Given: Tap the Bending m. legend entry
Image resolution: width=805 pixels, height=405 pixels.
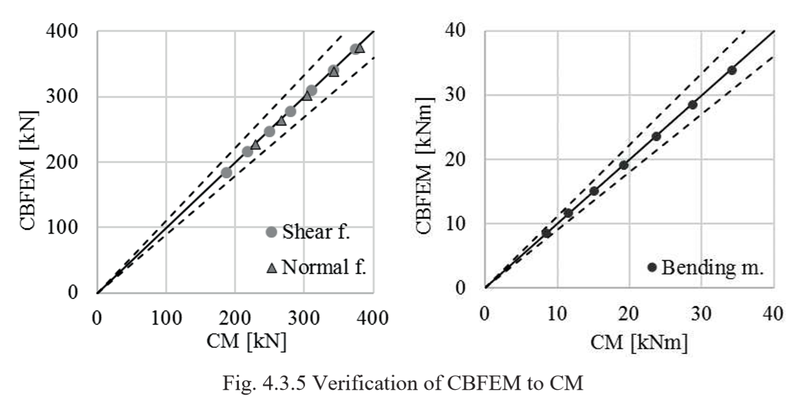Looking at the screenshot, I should coord(706,267).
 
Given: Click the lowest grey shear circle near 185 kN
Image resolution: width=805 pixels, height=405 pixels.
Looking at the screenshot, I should coord(226,172).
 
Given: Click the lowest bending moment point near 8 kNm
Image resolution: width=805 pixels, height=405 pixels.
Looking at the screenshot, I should coord(546,233).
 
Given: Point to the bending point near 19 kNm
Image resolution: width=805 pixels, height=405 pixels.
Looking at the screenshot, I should coord(624,165).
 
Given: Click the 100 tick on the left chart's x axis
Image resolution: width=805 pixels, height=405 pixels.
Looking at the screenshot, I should coord(166,318).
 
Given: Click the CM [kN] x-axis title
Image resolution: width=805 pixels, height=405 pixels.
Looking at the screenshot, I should coord(235,341).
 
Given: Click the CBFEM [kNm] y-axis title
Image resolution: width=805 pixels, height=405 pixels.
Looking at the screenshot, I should coord(433,159).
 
